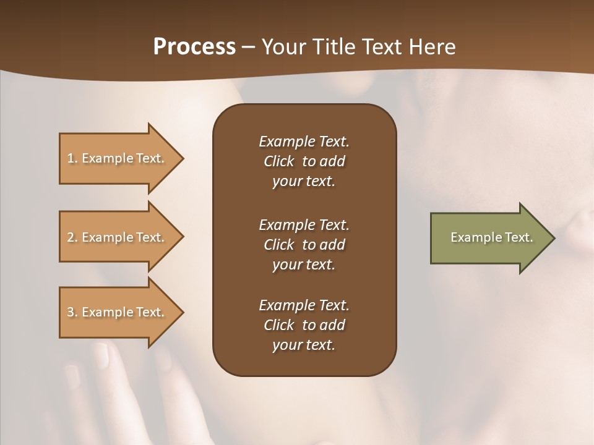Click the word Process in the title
[x=194, y=47]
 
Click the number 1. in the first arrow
[x=72, y=158]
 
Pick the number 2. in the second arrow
[x=72, y=237]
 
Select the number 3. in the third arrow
[x=72, y=312]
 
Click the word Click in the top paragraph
[x=278, y=161]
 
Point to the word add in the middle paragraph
[x=333, y=245]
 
